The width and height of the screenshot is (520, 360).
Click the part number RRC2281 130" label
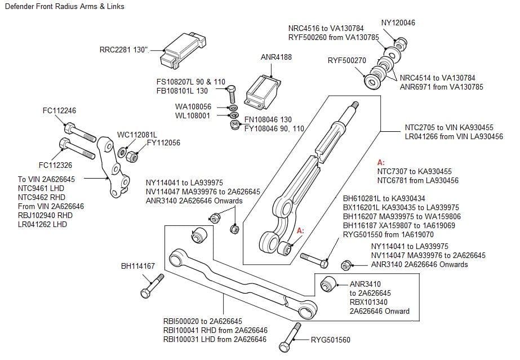[124, 50]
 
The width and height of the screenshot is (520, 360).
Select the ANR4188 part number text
[276, 57]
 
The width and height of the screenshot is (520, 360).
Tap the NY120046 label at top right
[398, 23]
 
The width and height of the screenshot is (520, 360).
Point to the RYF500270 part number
[346, 61]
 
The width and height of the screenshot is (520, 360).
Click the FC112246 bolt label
[59, 110]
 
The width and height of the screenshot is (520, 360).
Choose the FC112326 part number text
[55, 165]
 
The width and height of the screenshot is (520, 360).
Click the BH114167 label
[138, 266]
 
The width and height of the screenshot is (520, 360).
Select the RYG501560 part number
[331, 340]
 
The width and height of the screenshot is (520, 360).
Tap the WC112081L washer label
[137, 135]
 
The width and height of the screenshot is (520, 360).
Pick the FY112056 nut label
[163, 143]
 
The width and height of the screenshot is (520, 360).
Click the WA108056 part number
[193, 106]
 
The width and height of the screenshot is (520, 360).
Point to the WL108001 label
[193, 116]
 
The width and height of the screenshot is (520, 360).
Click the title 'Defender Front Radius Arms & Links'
[64, 7]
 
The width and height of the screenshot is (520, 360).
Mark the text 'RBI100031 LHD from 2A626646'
[215, 339]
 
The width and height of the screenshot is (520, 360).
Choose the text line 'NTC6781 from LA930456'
[417, 180]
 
